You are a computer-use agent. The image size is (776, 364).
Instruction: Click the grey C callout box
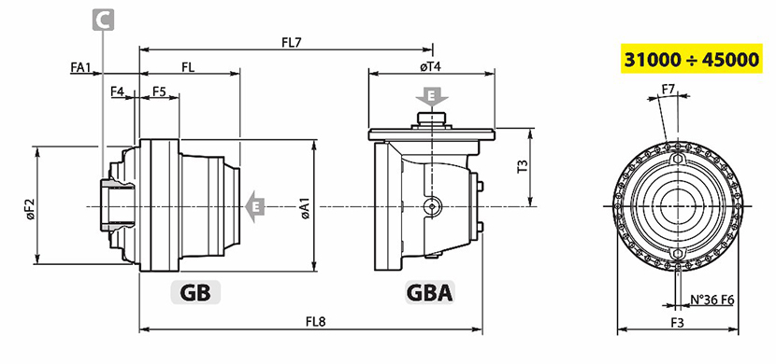pyautogui.click(x=103, y=20)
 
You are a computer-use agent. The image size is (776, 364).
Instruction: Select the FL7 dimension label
pyautogui.click(x=292, y=43)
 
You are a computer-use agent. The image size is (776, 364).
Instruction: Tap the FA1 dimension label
pyautogui.click(x=80, y=67)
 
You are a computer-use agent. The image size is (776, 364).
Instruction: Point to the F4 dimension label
pyautogui.click(x=117, y=91)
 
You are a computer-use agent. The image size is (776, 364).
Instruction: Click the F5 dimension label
pyautogui.click(x=159, y=91)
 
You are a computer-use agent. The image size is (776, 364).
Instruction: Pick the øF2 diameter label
pyautogui.click(x=29, y=209)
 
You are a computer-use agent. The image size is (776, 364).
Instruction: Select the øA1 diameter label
pyautogui.click(x=305, y=209)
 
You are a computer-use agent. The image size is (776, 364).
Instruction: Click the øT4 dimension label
pyautogui.click(x=430, y=66)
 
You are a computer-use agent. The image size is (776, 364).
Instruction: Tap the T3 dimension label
pyautogui.click(x=522, y=166)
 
